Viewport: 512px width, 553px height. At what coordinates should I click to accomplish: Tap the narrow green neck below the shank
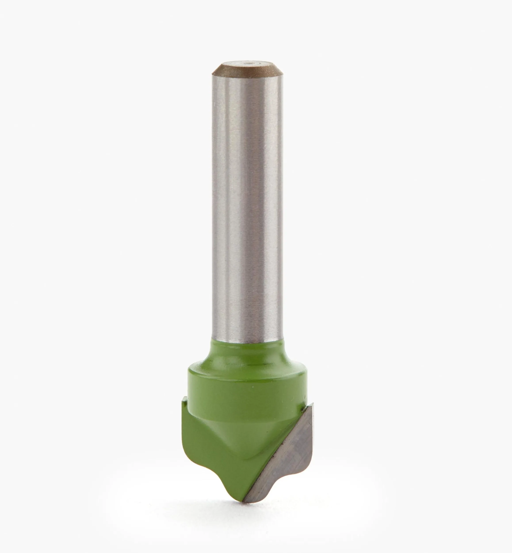pyautogui.click(x=247, y=351)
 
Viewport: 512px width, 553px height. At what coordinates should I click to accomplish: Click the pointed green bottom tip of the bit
pyautogui.click(x=238, y=507)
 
